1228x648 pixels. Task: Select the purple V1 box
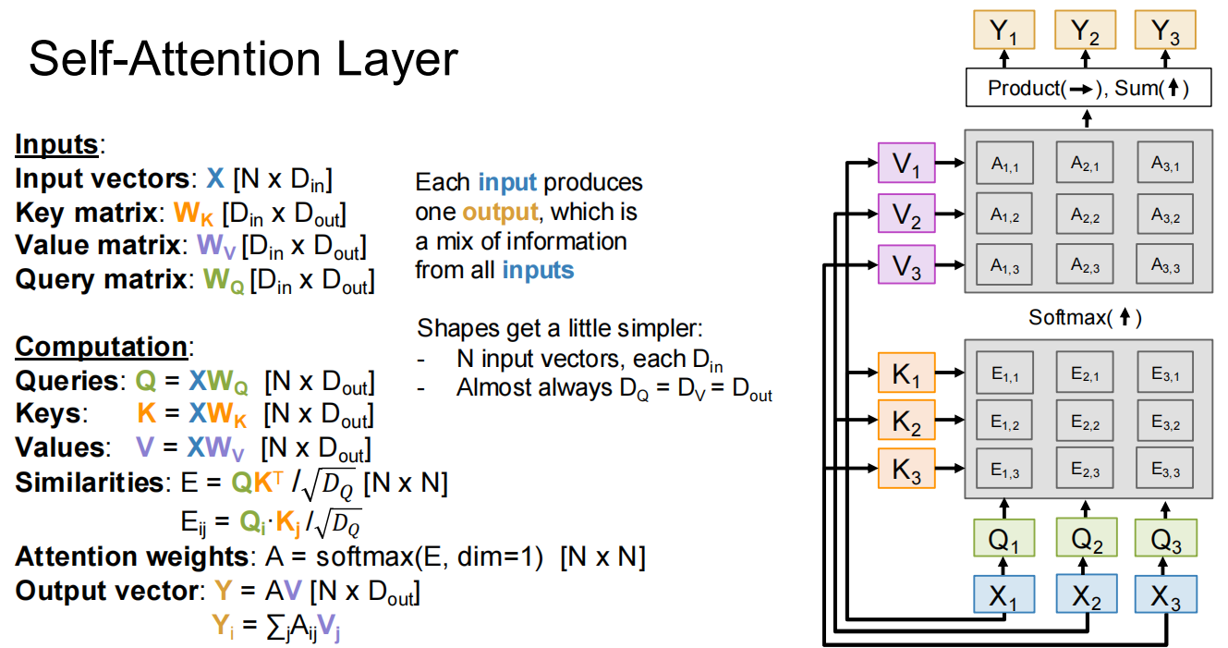pos(906,166)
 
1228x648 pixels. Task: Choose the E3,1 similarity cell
pos(1166,373)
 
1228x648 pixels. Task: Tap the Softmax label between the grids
pos(1085,318)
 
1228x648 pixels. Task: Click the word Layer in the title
pos(387,60)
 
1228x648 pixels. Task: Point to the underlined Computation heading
pos(101,347)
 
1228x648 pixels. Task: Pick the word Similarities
pos(89,483)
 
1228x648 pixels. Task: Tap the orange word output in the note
pos(500,212)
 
